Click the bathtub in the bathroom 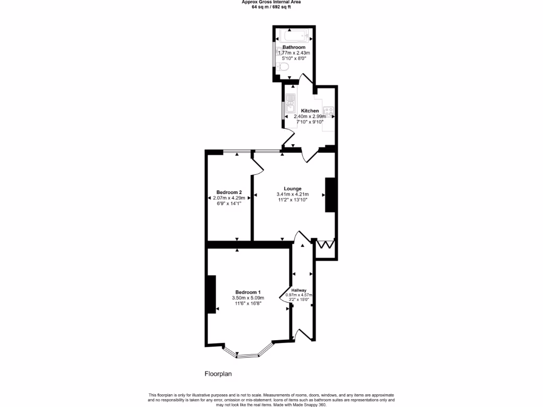click(x=294, y=37)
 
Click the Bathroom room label click(x=294, y=47)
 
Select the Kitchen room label click(x=310, y=111)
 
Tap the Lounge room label click(x=293, y=189)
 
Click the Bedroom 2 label click(x=229, y=192)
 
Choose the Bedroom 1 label click(x=248, y=293)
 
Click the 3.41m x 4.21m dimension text click(x=293, y=194)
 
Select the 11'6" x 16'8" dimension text click(x=248, y=304)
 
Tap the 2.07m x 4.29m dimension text click(x=229, y=198)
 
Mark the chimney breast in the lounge click(x=330, y=195)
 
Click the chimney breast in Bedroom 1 click(x=212, y=294)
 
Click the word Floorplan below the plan click(x=218, y=374)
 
